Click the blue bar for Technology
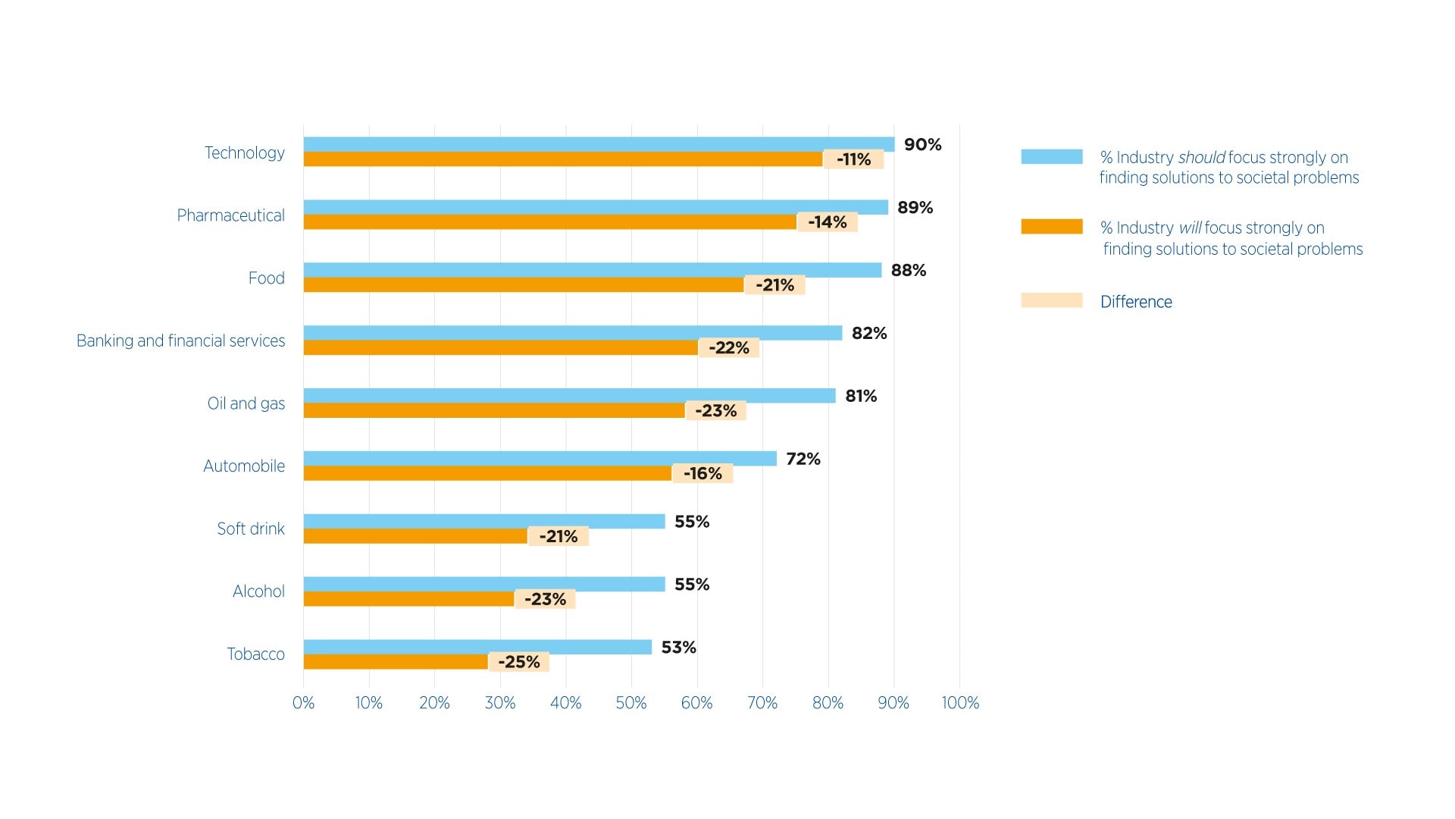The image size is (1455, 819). tap(599, 144)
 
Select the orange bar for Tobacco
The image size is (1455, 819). tap(396, 662)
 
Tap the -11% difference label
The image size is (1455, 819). tap(853, 159)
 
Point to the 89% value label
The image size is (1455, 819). tap(915, 208)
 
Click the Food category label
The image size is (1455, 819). tap(266, 278)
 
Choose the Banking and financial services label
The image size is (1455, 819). tap(180, 341)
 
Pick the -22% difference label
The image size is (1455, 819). tap(728, 348)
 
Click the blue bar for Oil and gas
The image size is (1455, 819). tap(569, 396)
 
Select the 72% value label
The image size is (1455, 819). tap(803, 459)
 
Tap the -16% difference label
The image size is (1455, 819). tap(702, 474)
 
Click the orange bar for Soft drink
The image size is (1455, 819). tap(415, 536)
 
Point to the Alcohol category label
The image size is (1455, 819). tap(258, 591)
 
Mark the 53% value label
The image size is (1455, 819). tap(678, 648)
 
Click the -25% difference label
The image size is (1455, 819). tap(518, 662)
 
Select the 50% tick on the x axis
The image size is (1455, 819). tap(630, 703)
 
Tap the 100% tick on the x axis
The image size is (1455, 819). tap(959, 703)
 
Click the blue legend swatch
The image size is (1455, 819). tap(1051, 157)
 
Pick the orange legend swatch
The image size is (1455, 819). tap(1051, 227)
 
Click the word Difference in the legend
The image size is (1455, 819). tap(1135, 302)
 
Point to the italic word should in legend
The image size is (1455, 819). tap(1201, 158)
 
